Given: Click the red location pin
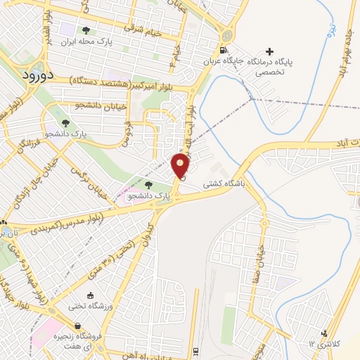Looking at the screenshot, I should [181, 165].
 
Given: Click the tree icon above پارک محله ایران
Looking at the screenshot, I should [86, 30].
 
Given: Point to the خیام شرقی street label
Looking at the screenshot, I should [143, 30].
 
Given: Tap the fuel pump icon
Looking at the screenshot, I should [223, 49].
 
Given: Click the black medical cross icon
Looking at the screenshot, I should [269, 51].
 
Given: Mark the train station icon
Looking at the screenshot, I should [196, 352].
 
